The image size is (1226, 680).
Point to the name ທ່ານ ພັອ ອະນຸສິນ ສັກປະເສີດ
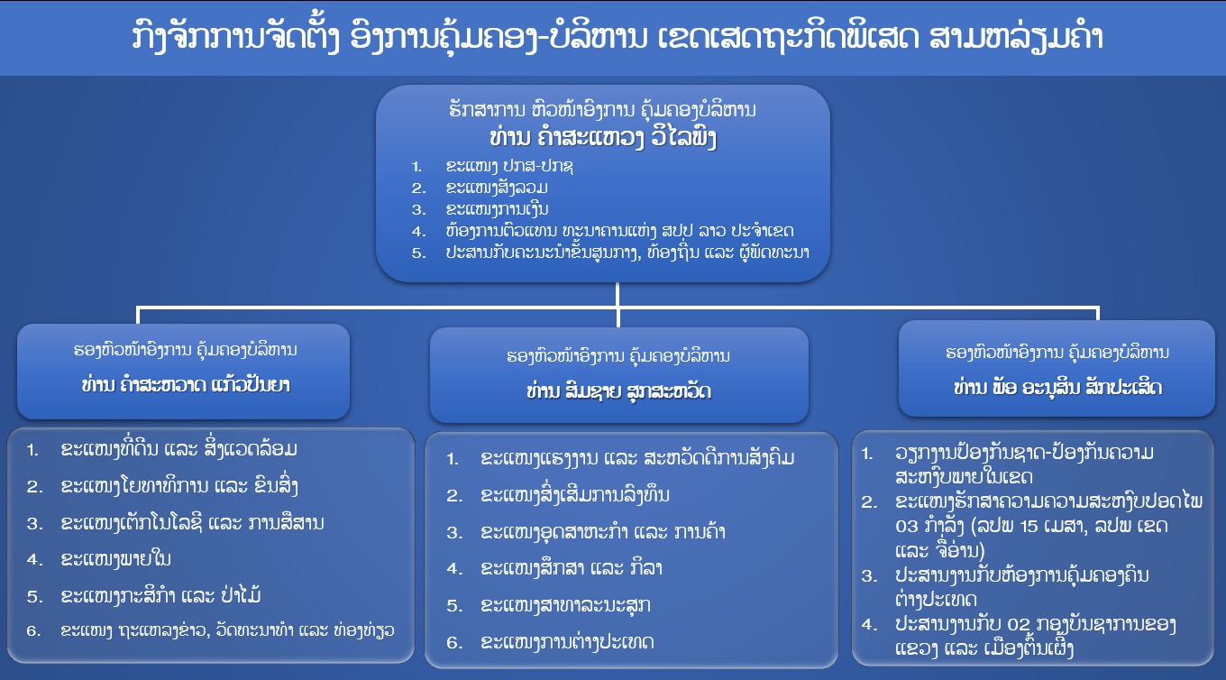pos(1058,388)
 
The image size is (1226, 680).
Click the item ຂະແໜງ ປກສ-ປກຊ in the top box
pos(509,167)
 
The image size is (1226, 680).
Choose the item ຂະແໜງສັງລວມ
pos(497,188)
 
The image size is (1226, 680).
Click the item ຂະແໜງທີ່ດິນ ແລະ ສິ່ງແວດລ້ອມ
pos(178,449)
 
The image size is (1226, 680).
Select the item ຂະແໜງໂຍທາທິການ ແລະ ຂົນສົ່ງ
pos(178,486)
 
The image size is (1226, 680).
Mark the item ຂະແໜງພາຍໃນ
pos(116,559)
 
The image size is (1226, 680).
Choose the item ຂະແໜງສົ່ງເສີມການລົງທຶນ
pos(576,495)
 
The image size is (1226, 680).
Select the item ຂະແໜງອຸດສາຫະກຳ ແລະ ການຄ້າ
pos(603,532)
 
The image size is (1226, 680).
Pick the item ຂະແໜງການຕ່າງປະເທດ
pos(567,642)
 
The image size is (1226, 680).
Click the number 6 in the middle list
pos(454,642)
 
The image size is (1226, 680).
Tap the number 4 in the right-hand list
pos(868,623)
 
